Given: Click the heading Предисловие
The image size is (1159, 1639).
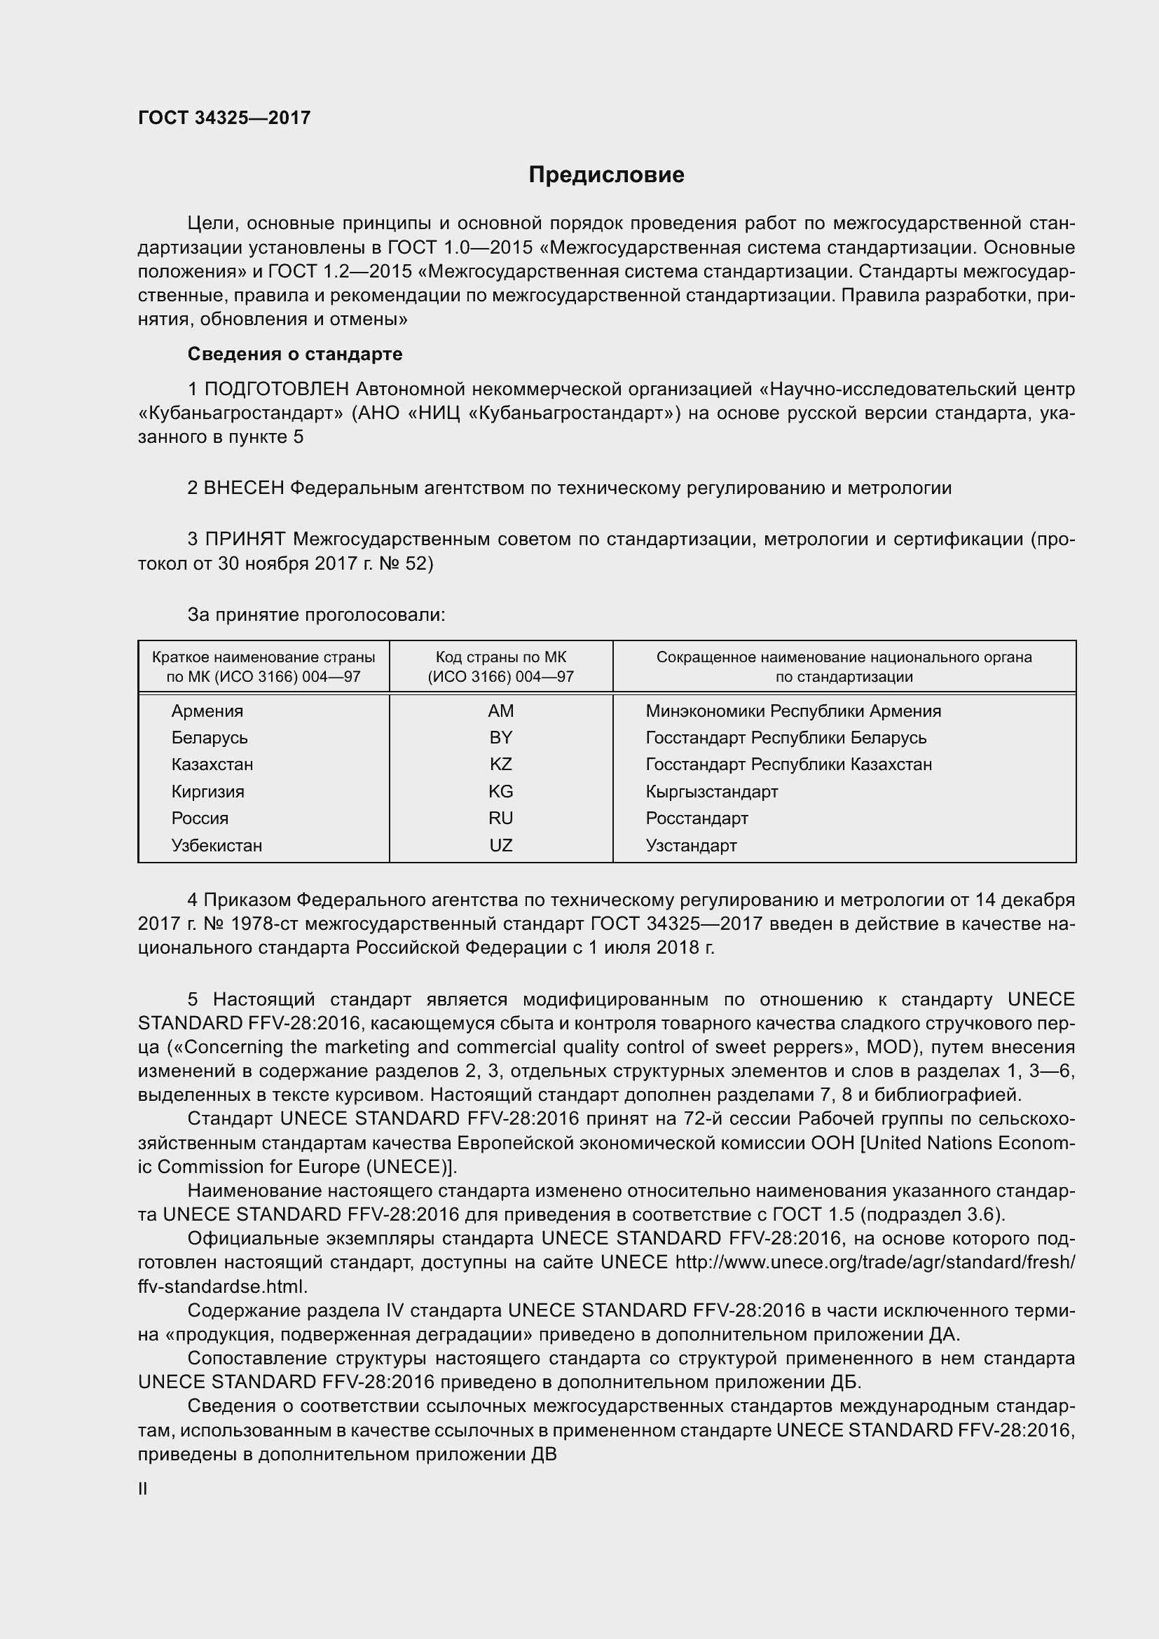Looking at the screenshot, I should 606,175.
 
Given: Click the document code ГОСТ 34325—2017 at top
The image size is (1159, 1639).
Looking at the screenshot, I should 224,118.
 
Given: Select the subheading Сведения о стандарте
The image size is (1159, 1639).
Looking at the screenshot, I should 295,354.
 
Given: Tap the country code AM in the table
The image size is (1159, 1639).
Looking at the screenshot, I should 500,711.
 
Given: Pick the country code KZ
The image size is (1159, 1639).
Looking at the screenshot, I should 500,764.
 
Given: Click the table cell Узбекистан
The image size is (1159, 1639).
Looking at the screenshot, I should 217,846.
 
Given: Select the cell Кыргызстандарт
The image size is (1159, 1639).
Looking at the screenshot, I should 711,792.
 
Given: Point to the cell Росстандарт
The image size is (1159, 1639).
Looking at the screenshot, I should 697,818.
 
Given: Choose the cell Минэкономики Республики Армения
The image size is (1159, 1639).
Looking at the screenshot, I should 793,711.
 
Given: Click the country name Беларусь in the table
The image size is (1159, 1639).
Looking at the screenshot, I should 209,738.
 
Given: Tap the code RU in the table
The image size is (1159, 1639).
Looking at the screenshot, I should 500,818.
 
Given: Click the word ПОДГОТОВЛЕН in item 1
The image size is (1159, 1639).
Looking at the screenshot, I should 277,389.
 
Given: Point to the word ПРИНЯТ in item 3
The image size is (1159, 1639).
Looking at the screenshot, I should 245,539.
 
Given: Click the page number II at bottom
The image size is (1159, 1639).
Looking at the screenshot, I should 143,1489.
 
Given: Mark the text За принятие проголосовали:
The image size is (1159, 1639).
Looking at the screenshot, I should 316,615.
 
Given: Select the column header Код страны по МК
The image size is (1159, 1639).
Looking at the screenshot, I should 500,657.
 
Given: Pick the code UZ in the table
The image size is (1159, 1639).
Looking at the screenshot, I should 500,846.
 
